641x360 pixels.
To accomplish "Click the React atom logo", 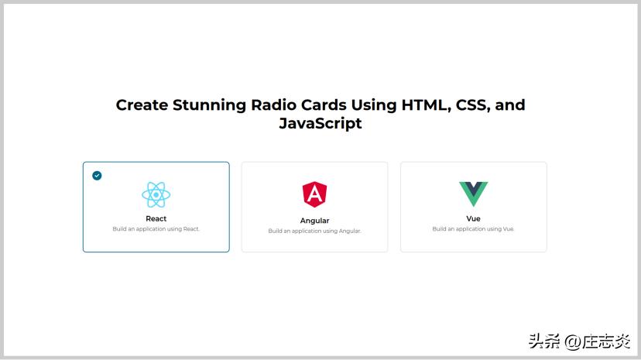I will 156,194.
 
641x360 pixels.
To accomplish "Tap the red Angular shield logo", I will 314,194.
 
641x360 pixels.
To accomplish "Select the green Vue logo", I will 473,194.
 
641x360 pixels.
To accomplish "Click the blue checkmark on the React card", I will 97,176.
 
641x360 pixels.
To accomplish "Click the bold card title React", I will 156,219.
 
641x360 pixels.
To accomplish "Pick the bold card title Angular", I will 314,221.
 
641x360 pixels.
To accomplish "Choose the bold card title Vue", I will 473,219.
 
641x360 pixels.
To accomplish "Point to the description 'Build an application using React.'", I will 156,229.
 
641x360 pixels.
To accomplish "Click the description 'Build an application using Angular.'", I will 314,231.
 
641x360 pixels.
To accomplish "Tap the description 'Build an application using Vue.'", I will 473,229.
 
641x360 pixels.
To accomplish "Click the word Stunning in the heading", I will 210,105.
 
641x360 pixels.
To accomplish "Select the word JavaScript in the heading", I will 320,124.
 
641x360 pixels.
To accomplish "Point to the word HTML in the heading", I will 425,105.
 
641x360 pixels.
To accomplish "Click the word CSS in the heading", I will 472,105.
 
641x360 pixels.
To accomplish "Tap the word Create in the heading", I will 142,105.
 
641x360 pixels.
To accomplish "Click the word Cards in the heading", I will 324,105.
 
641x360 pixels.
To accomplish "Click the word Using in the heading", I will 374,105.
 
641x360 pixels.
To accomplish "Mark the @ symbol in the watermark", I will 572,341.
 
